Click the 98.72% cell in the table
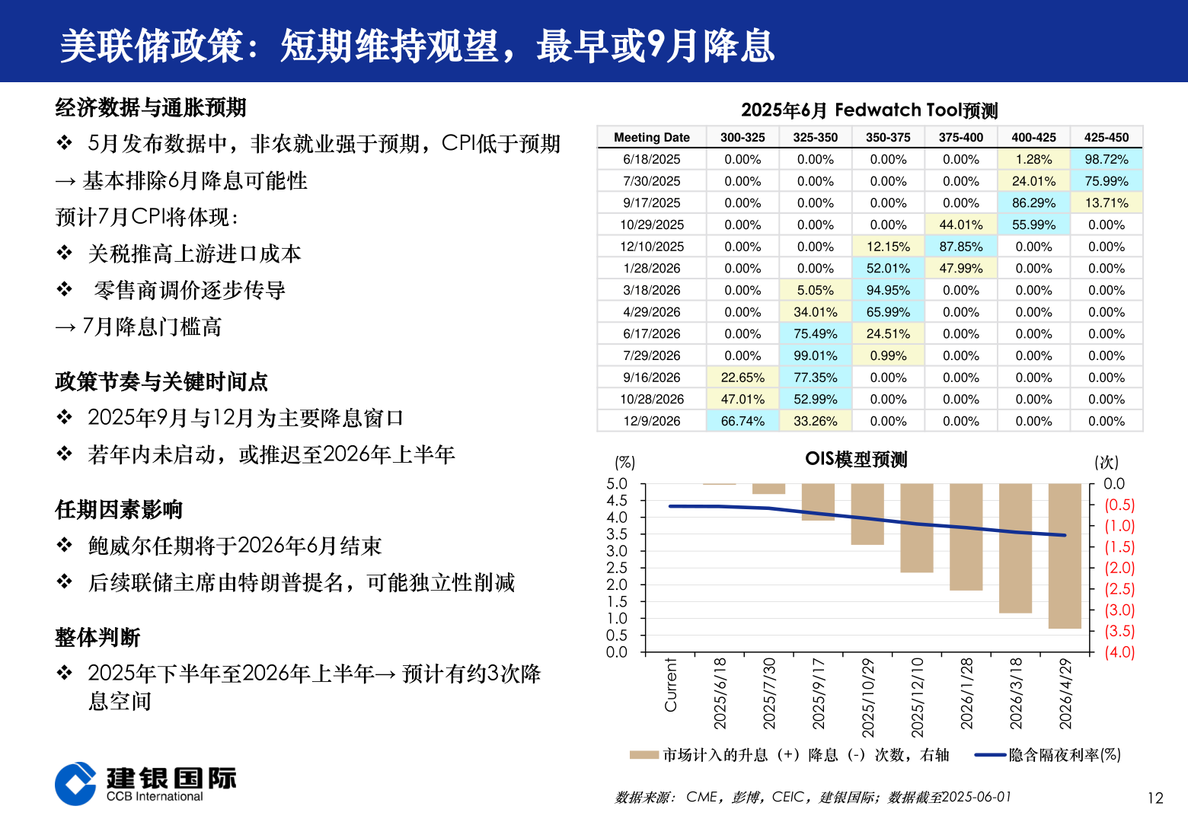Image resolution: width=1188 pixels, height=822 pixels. coord(1106,159)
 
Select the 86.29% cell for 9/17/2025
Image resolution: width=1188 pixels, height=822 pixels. coord(1033,203)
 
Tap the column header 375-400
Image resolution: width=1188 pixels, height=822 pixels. coord(960,138)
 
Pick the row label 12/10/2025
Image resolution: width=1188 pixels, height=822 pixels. coord(652,247)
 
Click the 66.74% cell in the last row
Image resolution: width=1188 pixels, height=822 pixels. coord(742,421)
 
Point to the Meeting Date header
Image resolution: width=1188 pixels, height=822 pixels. coord(652,138)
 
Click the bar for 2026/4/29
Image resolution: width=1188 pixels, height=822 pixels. coord(1065,556)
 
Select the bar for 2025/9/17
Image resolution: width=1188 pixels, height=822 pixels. coord(818,502)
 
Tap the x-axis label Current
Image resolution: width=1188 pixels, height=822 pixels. coord(670,685)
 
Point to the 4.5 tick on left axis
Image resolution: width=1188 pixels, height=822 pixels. coord(617,501)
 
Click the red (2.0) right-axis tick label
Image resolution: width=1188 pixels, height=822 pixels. coord(1119,568)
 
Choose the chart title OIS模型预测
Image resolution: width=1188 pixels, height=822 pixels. coord(856,460)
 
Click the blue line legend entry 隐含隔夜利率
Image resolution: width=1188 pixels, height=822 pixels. coord(1047,755)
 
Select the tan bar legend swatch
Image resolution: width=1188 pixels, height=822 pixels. coord(643,755)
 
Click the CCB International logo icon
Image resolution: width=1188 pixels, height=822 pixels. coord(75,784)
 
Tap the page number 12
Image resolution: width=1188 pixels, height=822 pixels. coord(1155,798)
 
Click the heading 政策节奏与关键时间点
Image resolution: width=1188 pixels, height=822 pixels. coord(161,381)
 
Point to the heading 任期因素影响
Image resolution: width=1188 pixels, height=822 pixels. coord(119,509)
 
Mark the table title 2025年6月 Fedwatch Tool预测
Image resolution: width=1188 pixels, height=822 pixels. coord(869,110)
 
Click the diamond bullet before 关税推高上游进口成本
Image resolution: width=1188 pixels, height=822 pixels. coord(65,253)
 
